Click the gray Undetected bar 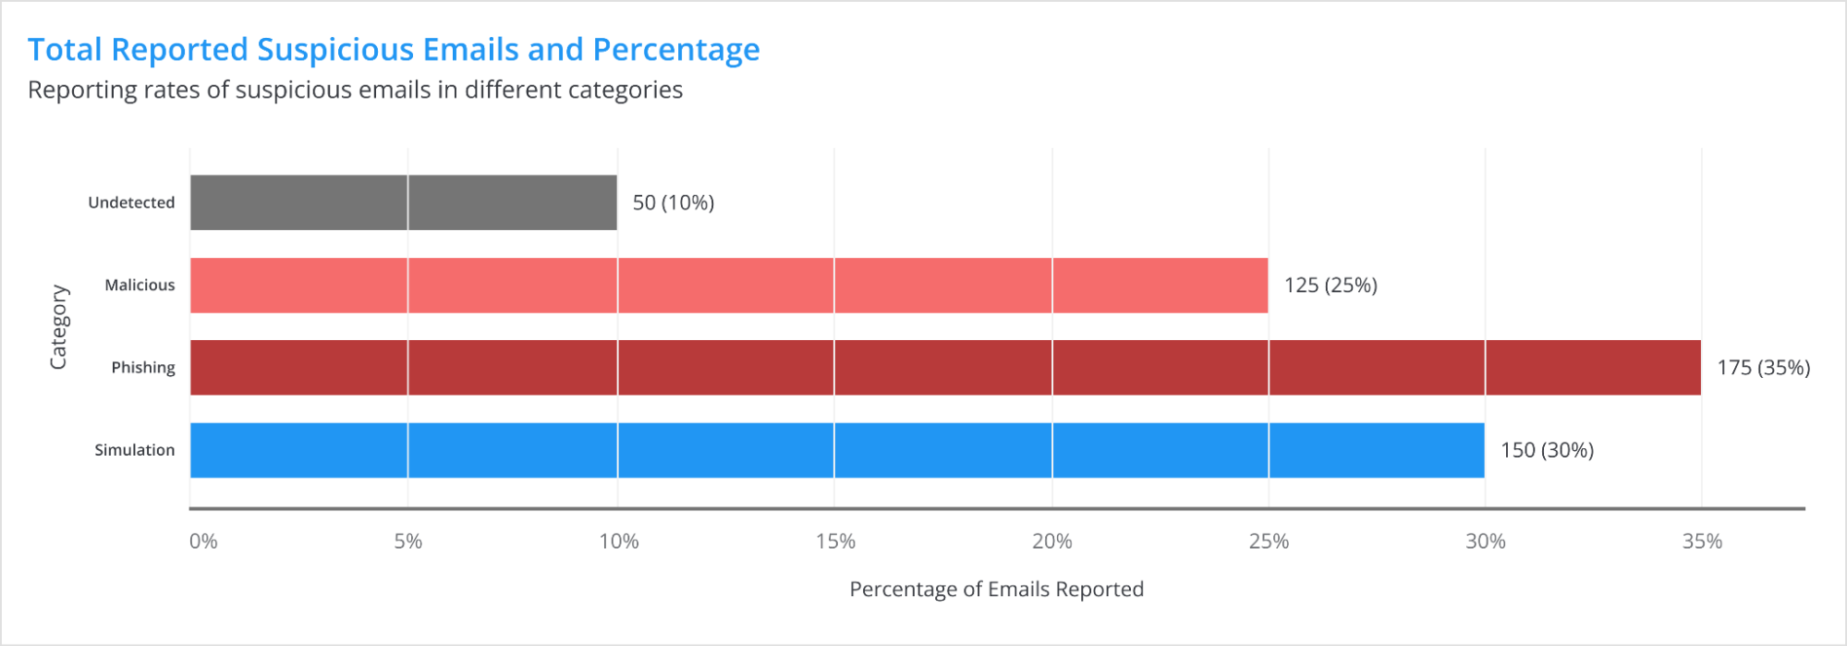click(x=403, y=202)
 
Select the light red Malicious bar click(x=728, y=285)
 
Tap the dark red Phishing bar click(x=944, y=367)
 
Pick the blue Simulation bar click(x=836, y=450)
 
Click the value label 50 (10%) click(x=673, y=202)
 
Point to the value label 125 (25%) click(x=1330, y=285)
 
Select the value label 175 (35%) click(x=1763, y=367)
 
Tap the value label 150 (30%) click(x=1547, y=450)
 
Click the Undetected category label click(x=131, y=202)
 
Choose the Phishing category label click(x=143, y=367)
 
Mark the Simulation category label click(x=134, y=450)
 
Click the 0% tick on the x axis click(x=203, y=542)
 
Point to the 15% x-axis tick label click(x=835, y=542)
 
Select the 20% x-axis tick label click(x=1051, y=542)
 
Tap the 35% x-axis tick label click(x=1702, y=542)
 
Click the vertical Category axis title click(x=58, y=327)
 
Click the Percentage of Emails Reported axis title click(x=996, y=590)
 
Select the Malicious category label click(x=140, y=285)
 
